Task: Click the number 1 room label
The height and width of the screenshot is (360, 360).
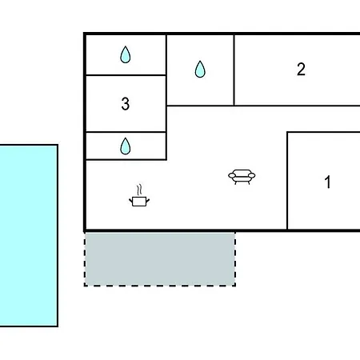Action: (328, 182)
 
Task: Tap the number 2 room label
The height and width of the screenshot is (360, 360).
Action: (301, 69)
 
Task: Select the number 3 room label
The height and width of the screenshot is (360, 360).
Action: (126, 104)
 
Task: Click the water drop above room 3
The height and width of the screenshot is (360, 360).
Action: (126, 54)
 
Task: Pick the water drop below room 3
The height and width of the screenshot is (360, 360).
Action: (126, 146)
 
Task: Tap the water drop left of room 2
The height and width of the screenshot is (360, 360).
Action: (200, 70)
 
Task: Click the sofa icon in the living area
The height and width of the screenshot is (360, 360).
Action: (242, 177)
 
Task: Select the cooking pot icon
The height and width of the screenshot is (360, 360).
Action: (139, 202)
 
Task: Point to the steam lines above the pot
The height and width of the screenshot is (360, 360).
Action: (139, 190)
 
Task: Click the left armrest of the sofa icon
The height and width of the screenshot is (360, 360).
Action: (232, 175)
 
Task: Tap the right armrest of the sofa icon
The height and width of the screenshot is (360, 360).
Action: (251, 175)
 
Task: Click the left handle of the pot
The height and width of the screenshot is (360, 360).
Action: (130, 200)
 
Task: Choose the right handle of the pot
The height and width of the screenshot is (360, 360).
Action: (148, 200)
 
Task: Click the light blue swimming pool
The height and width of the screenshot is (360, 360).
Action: (29, 236)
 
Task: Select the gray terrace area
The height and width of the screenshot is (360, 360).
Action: (160, 258)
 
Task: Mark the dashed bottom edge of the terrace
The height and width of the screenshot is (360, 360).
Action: (160, 286)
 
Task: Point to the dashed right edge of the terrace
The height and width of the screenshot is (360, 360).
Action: (235, 258)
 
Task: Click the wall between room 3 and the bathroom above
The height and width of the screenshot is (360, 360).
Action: (126, 75)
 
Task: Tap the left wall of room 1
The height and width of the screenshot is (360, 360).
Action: (287, 180)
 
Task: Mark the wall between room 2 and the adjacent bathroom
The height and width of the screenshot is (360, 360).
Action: (234, 70)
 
